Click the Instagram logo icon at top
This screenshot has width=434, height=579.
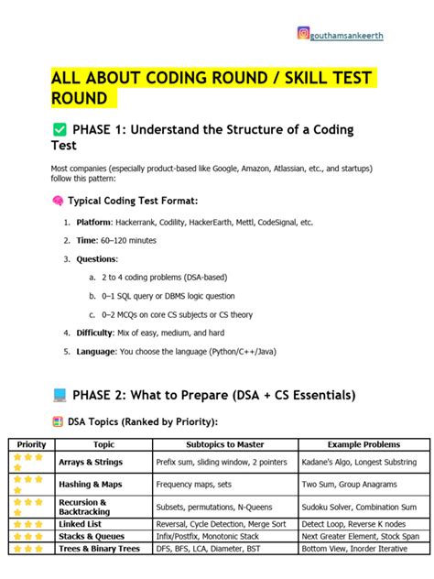tap(303, 33)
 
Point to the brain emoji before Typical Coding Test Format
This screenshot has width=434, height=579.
tap(58, 201)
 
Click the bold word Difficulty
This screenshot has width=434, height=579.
tap(97, 333)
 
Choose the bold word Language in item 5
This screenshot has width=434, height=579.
tap(96, 351)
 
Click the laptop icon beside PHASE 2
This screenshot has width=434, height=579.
tap(60, 395)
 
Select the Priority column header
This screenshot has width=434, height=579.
tap(31, 444)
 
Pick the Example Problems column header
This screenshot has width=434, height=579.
tap(358, 444)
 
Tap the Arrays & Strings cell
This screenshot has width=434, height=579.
tap(90, 462)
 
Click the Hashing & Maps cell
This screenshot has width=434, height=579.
tap(90, 484)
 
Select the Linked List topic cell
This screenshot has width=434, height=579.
tap(81, 522)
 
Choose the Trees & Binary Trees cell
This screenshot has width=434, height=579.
tap(99, 548)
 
